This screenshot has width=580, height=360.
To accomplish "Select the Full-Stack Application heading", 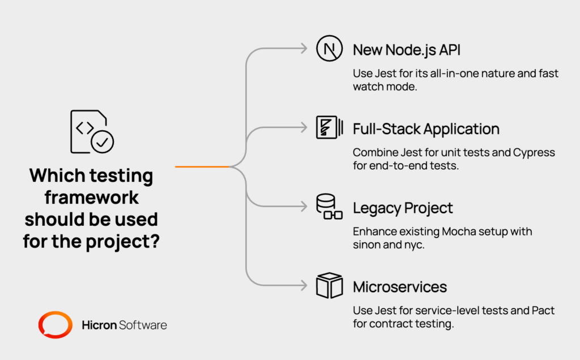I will tap(426, 129).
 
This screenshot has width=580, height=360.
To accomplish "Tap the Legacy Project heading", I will tap(403, 208).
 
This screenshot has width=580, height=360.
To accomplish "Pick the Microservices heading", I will tap(400, 287).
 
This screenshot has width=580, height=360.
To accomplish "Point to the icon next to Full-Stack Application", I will tap(329, 128).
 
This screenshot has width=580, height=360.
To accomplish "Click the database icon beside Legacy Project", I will tap(329, 207).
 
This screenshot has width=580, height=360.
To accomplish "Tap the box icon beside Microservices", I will tap(329, 286).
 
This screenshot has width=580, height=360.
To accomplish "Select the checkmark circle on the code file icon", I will tap(103, 142).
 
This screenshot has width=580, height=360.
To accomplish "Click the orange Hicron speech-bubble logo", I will tap(55, 325).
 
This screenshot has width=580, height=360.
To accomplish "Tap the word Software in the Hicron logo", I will tap(143, 325).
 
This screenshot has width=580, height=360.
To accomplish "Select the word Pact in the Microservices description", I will tap(544, 311).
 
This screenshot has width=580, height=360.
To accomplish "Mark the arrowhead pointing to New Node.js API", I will tap(304, 49).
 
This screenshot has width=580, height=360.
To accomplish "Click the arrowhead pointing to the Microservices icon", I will tap(304, 286).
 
